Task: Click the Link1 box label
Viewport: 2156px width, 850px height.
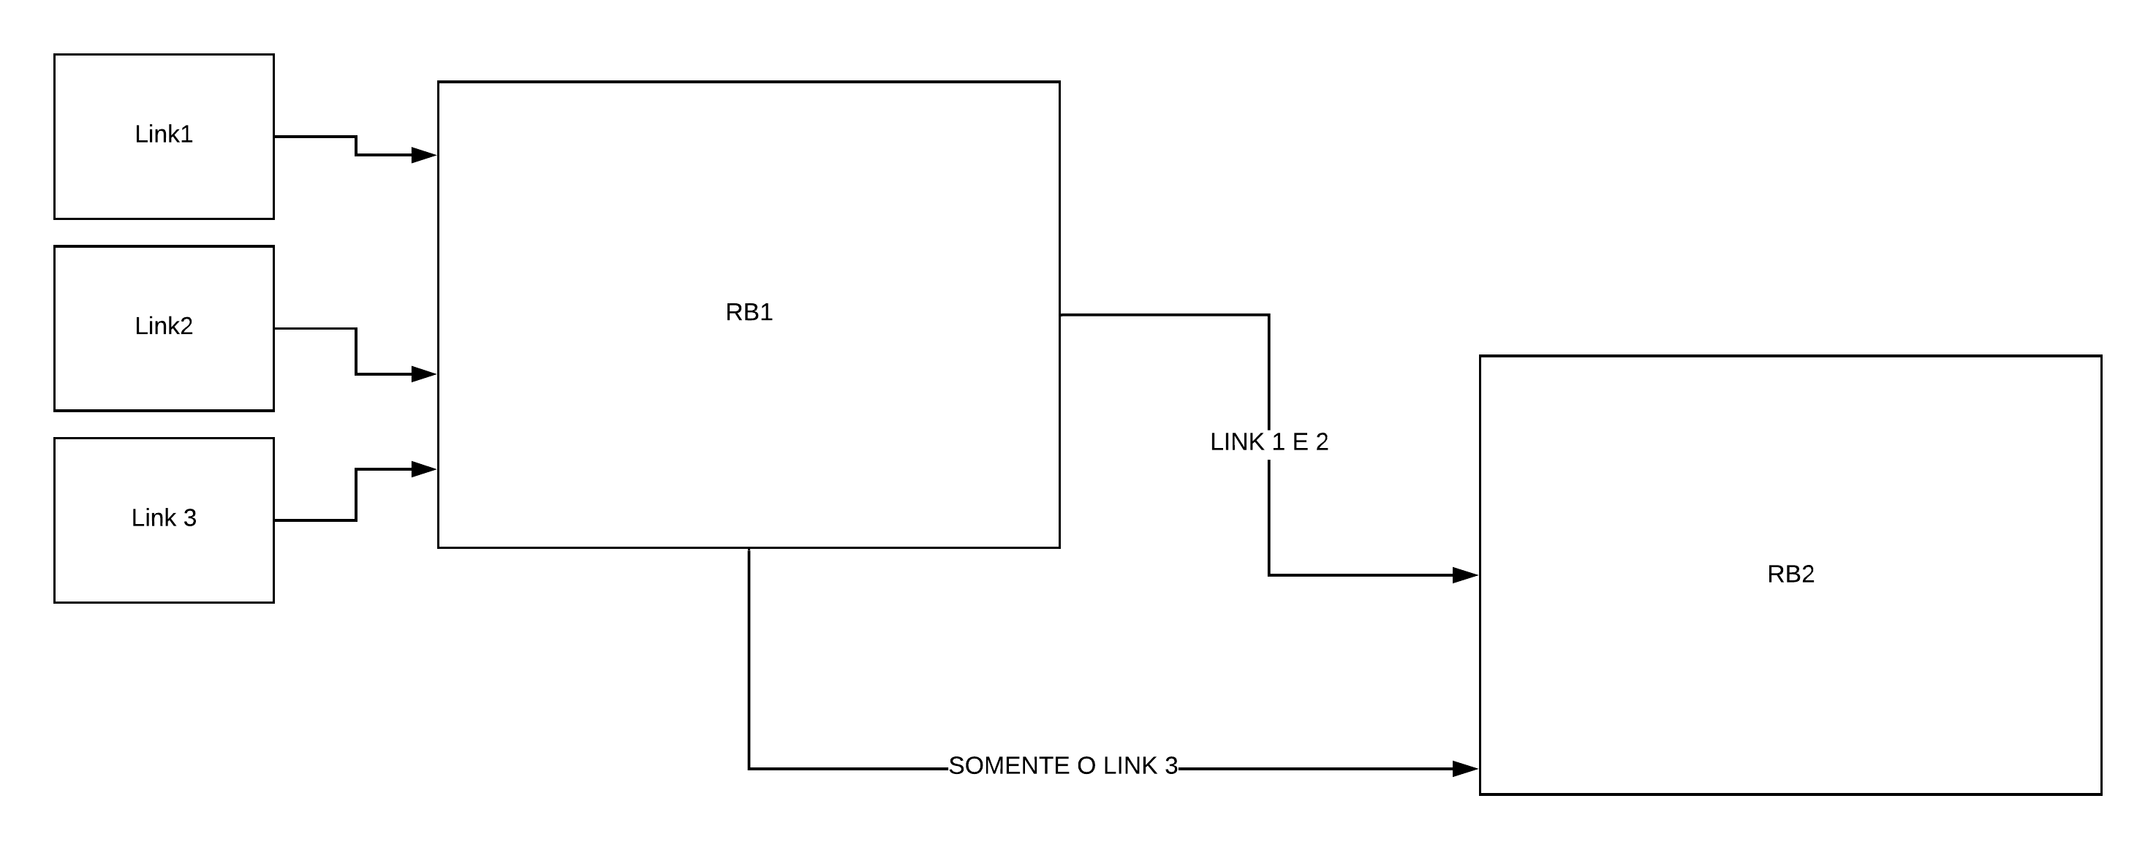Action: coord(163,134)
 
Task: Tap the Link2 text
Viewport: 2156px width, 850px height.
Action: coord(163,325)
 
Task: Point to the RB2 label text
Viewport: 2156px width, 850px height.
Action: coord(1790,574)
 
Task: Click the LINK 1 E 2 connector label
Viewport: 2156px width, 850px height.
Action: coord(1269,441)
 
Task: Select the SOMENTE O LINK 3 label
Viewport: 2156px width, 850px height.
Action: coord(1063,765)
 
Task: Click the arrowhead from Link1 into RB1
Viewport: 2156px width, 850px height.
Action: coord(423,155)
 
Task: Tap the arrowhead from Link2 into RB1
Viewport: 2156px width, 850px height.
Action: coord(423,374)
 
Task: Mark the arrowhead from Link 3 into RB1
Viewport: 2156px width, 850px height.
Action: coord(423,469)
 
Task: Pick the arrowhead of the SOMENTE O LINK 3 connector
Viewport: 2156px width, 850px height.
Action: coord(1464,769)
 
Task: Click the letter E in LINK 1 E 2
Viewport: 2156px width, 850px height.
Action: coord(1300,441)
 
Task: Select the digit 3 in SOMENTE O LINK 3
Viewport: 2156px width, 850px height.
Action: coord(1171,765)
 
